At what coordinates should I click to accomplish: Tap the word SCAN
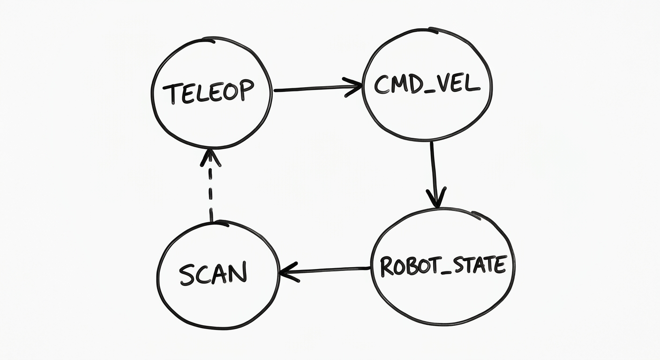[x=213, y=273]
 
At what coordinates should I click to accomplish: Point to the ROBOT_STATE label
[x=443, y=266]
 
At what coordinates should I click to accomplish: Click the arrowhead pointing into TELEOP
[x=210, y=158]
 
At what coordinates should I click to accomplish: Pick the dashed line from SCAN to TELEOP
[x=210, y=186]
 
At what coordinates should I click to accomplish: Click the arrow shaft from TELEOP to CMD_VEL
[x=318, y=88]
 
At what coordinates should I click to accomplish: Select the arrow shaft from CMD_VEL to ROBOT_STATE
[x=434, y=174]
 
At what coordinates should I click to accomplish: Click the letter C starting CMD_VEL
[x=382, y=85]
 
